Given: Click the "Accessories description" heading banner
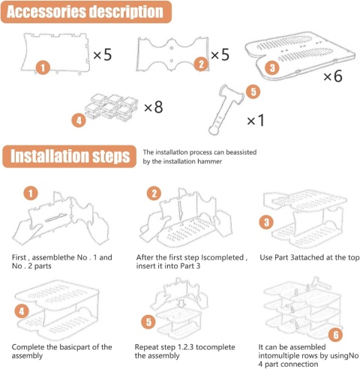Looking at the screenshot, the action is (x=86, y=12).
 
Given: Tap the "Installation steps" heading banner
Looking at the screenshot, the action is (x=69, y=156).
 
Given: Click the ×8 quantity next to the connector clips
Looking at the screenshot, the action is (x=154, y=107).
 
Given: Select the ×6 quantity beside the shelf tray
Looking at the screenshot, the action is (x=333, y=76).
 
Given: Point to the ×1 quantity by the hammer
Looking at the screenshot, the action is (x=256, y=120).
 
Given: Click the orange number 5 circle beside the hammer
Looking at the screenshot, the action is (x=253, y=91).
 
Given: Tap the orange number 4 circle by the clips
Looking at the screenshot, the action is (x=79, y=120).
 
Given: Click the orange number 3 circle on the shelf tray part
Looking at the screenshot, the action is (x=272, y=67).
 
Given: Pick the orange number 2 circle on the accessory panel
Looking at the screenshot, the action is (x=202, y=64).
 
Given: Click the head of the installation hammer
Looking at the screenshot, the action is (x=231, y=94).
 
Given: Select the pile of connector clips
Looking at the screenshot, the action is (x=111, y=106).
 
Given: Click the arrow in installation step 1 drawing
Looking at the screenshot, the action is (x=56, y=217).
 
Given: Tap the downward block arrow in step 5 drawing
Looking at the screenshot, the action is (x=181, y=304).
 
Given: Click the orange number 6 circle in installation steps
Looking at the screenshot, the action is (x=336, y=334).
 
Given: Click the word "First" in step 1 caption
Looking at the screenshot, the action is (x=19, y=257).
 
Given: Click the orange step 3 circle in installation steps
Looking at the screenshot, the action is (x=266, y=222).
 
